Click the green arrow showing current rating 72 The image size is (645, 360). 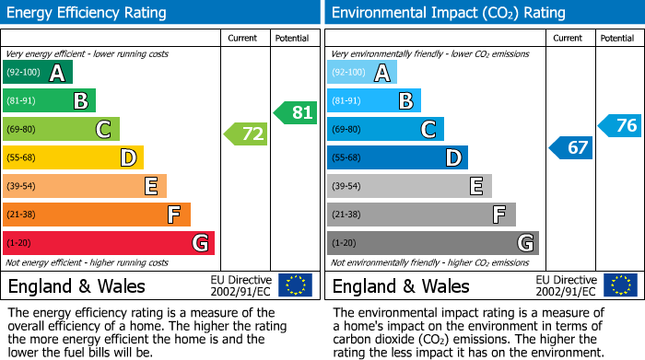coord(246,134)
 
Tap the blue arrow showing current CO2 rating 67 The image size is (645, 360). coord(570,147)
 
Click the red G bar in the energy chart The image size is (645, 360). coord(108,243)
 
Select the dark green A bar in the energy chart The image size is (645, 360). coord(37,73)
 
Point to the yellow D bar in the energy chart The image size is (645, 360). coord(73,158)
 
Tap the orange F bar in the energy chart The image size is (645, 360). coord(96,215)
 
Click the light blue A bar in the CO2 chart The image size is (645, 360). coord(361,73)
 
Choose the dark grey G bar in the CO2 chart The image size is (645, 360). coord(432,243)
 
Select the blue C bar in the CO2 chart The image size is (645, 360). coord(385,130)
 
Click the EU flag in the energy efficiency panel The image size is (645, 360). coord(295,285)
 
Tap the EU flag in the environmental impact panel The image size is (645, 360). coord(619,285)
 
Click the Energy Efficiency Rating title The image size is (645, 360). coord(88,13)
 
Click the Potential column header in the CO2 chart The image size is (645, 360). coord(617,38)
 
